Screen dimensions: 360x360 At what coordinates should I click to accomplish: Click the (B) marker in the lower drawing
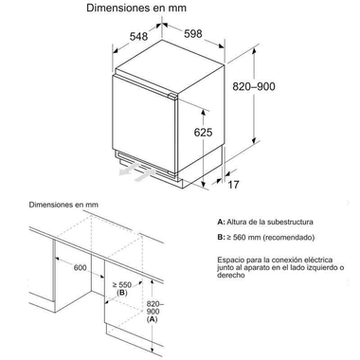[121, 294]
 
